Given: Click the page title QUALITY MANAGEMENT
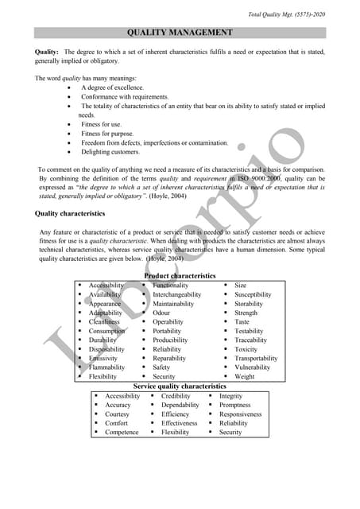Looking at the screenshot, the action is coord(180,33).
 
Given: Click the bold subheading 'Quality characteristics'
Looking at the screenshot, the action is coord(69,213).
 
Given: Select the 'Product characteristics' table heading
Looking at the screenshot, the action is coord(180,276).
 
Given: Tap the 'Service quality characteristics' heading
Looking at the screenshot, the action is coord(180,386).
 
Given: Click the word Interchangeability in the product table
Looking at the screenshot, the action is coord(176,294).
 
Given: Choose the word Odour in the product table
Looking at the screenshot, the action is coord(161,313).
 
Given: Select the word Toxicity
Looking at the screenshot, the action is coord(246,349).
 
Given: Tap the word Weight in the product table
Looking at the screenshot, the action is coord(245,377).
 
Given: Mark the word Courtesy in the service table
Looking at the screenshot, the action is coord(117,414).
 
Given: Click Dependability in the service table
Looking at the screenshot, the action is coord(180,405).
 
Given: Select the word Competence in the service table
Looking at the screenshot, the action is coord(122,433).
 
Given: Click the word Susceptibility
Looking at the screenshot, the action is coord(253,294).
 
